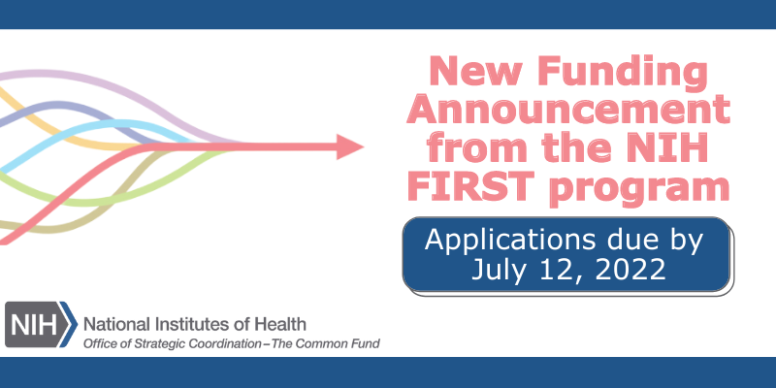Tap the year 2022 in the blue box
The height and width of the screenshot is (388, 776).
(624, 269)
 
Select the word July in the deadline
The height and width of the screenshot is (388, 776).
(497, 269)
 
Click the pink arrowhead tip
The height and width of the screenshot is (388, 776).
(360, 147)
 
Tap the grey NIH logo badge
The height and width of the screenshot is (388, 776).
(39, 324)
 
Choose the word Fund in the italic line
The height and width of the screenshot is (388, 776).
(365, 344)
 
